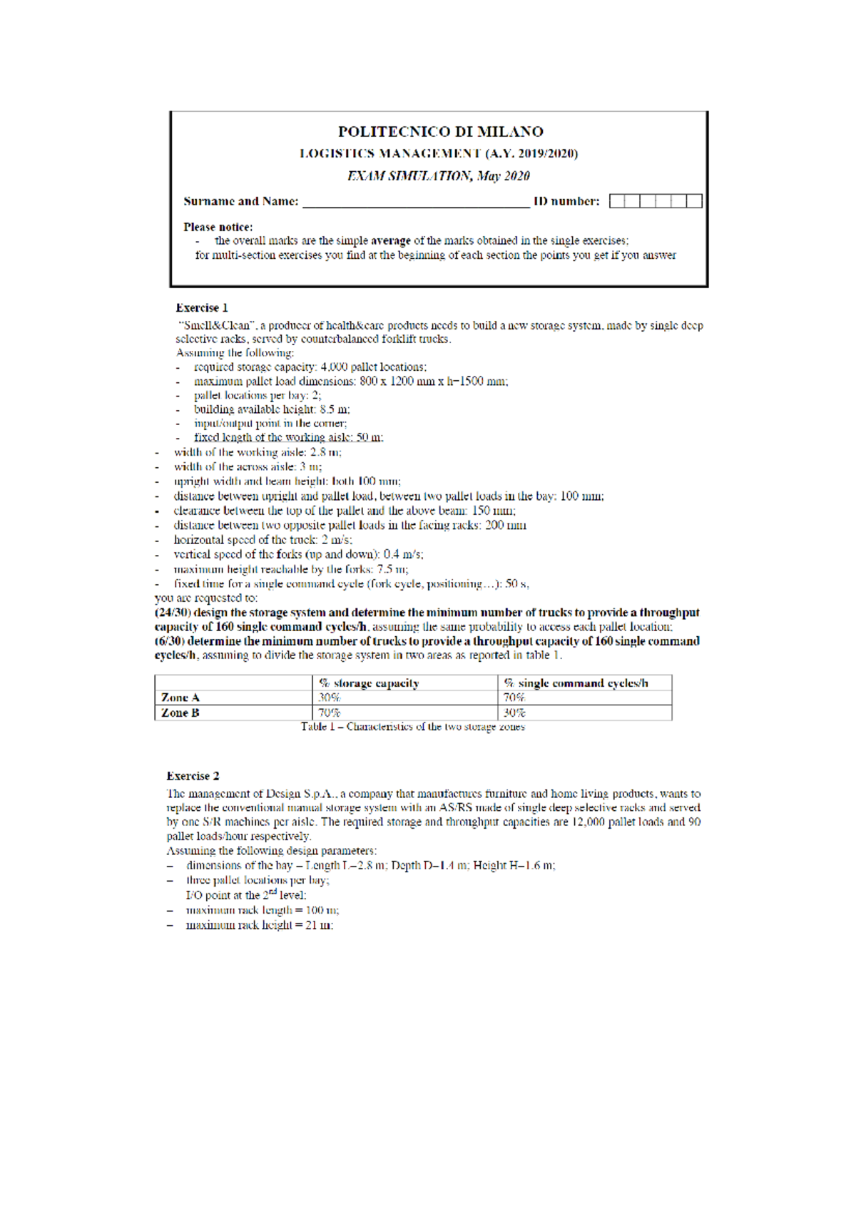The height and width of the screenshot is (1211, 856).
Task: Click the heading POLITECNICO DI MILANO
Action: coord(440,132)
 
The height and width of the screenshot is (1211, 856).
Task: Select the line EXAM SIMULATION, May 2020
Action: coord(438,176)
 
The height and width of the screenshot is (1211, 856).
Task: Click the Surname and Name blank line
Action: coord(416,203)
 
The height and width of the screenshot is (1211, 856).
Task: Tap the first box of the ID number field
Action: coord(617,201)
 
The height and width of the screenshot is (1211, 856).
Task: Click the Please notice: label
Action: coord(218,227)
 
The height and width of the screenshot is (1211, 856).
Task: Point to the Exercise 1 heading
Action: coord(202,308)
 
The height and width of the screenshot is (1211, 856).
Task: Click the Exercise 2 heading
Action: coord(193,776)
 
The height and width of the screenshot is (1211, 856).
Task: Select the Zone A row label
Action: coord(180,698)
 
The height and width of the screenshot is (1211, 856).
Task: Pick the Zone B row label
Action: coord(180,712)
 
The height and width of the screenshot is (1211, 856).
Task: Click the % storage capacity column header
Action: coord(369,683)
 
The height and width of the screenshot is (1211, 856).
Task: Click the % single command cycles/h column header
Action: coord(576,683)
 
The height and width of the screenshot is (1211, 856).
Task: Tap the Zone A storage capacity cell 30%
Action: coord(330,698)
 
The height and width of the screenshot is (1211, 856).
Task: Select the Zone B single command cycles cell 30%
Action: coord(514,712)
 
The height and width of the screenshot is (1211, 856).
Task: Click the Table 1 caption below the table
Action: coord(412,727)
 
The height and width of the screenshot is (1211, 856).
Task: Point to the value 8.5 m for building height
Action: coord(335,409)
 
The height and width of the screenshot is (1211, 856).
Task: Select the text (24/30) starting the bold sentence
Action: coord(170,613)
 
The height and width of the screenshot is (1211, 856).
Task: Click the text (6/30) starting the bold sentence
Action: coord(168,641)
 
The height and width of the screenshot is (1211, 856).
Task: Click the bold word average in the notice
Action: coord(390,241)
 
